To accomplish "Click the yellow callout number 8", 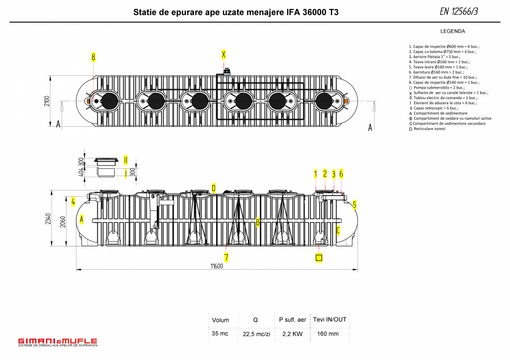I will (x=94, y=57).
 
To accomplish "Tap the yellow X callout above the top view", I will (x=223, y=54).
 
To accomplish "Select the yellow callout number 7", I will (x=226, y=257).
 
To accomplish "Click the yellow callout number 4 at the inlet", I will (x=73, y=201).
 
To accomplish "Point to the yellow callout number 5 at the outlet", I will (x=354, y=204).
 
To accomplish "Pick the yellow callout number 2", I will (x=325, y=174).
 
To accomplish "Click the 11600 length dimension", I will (x=217, y=266).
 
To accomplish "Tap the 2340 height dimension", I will (x=49, y=220).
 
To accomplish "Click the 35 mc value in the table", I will (x=220, y=333).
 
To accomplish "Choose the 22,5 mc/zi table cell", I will (x=256, y=334).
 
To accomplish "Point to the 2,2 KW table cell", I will (x=292, y=333).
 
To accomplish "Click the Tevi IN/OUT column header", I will (x=329, y=320).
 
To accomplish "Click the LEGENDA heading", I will (x=452, y=31).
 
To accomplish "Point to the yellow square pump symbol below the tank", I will (x=319, y=258).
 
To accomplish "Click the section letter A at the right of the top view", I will (x=370, y=127).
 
